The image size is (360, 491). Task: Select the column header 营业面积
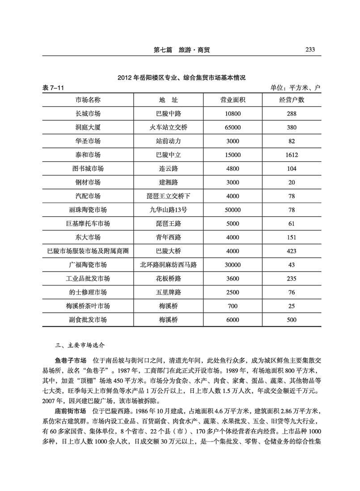233,100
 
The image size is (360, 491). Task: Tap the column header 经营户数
292,100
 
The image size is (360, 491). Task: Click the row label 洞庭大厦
88,127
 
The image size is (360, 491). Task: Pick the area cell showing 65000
233,127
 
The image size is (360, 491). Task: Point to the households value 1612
292,155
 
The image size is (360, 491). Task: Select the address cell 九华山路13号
168,210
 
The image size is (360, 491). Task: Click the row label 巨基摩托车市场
88,223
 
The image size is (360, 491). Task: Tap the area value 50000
233,210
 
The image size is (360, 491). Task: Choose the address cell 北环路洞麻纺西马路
168,264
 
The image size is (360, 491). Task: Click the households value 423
292,251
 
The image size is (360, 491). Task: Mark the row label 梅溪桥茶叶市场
88,306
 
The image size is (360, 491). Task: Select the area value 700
233,306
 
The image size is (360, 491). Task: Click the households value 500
292,320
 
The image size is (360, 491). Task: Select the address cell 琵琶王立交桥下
168,196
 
